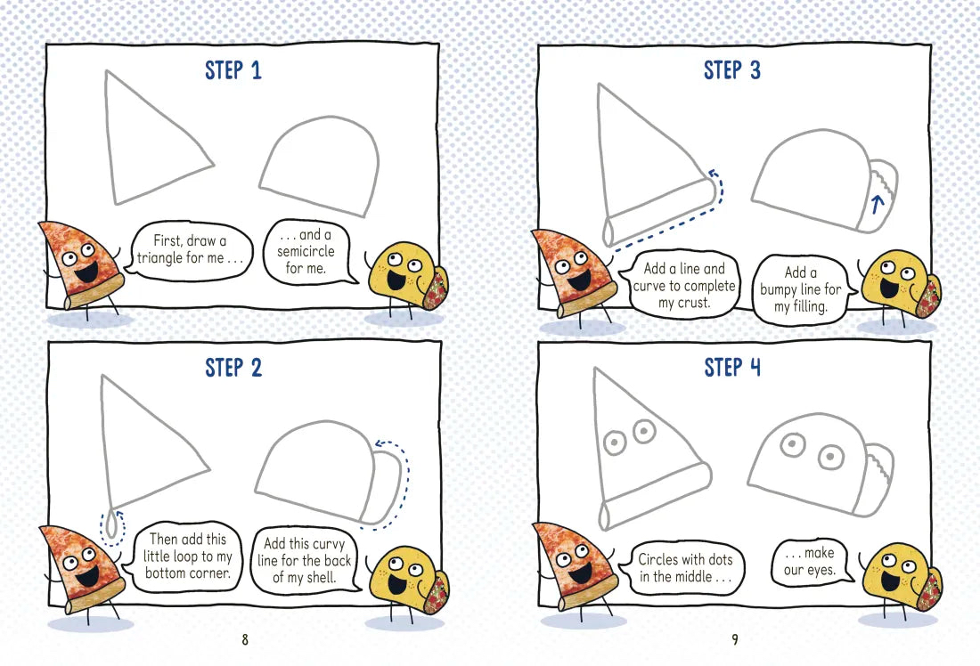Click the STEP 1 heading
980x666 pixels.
click(233, 70)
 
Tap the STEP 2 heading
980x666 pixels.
click(233, 368)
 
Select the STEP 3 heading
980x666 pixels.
click(731, 70)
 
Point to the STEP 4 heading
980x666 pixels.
click(731, 368)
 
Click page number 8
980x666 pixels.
click(244, 639)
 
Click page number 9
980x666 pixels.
click(735, 639)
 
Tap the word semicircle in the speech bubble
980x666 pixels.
click(306, 251)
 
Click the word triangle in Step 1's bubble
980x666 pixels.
click(160, 258)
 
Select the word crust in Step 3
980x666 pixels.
click(693, 303)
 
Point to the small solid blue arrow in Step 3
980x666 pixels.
click(877, 204)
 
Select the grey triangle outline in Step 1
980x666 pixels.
click(109, 137)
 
